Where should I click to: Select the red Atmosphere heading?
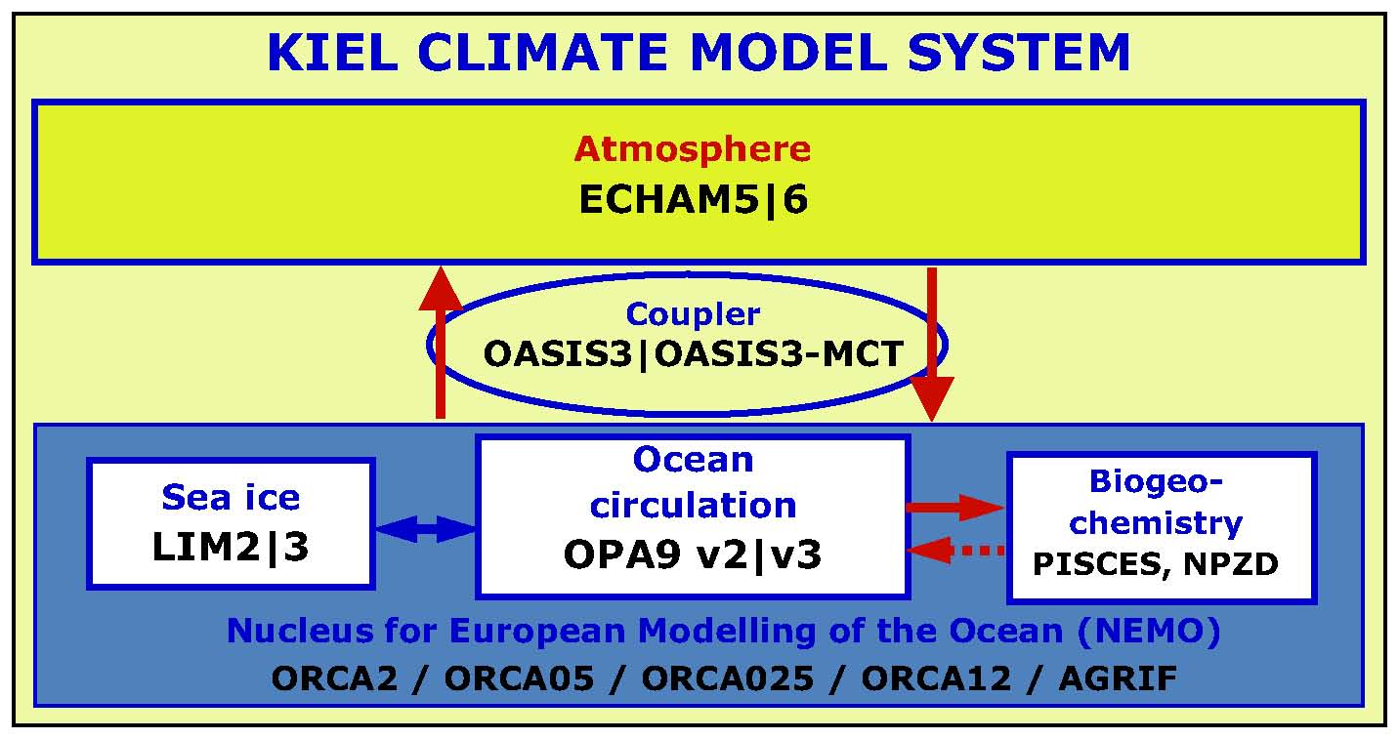click(x=693, y=149)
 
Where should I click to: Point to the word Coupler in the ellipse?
click(x=693, y=314)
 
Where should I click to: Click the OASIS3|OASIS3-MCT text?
click(x=693, y=353)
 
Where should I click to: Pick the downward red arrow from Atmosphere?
click(x=932, y=342)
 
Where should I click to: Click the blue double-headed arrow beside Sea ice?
click(x=425, y=529)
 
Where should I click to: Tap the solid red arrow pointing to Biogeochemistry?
click(x=955, y=507)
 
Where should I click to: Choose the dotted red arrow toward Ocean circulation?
click(x=957, y=551)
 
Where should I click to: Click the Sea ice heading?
click(x=231, y=498)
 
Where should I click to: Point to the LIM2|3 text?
click(x=231, y=548)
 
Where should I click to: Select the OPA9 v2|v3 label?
click(x=693, y=554)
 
